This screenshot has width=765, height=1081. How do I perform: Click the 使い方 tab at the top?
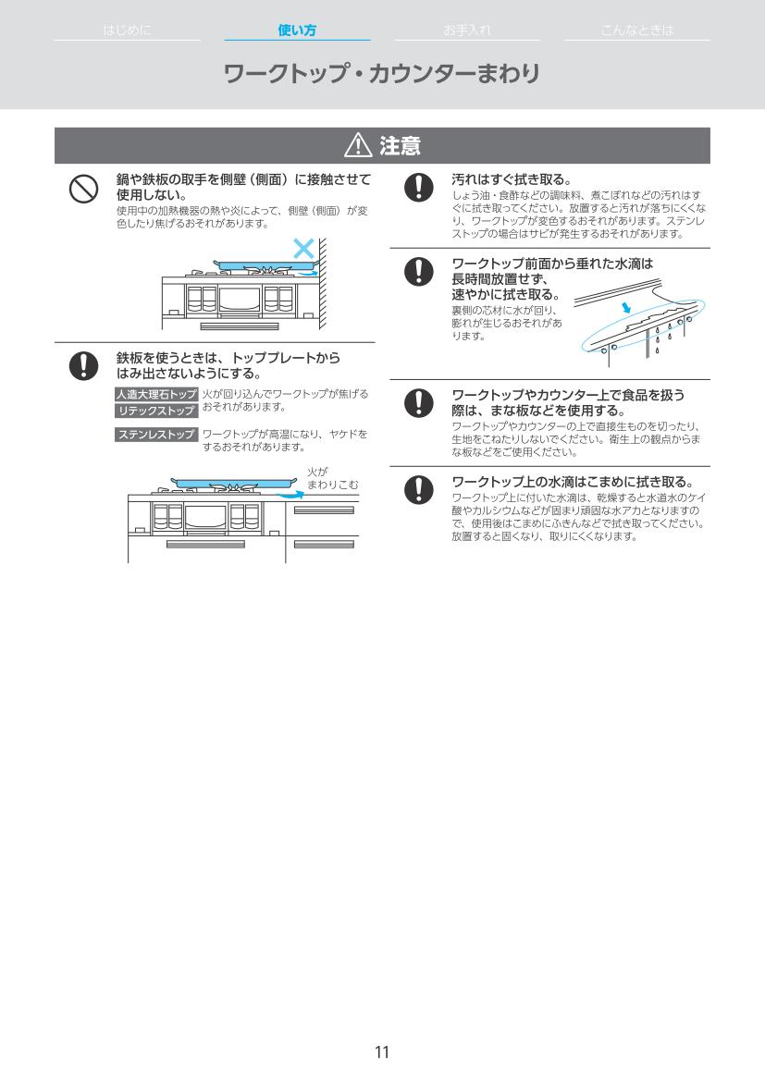pyautogui.click(x=297, y=30)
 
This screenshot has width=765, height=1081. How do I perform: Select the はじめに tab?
pyautogui.click(x=127, y=30)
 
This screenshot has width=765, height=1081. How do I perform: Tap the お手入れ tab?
pyautogui.click(x=467, y=30)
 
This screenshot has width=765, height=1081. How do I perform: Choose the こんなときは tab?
pyautogui.click(x=636, y=30)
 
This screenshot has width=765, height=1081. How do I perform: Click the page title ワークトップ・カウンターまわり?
pyautogui.click(x=381, y=74)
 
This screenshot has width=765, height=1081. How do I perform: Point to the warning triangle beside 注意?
pyautogui.click(x=358, y=145)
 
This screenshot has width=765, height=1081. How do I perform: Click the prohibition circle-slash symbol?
pyautogui.click(x=83, y=189)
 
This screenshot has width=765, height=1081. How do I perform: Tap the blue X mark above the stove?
pyautogui.click(x=303, y=248)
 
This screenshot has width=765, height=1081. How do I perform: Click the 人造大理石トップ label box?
pyautogui.click(x=156, y=394)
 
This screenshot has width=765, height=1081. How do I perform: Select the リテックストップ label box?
pyautogui.click(x=156, y=411)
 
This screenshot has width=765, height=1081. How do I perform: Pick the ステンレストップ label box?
pyautogui.click(x=156, y=435)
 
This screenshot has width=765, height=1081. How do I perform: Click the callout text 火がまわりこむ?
pyautogui.click(x=333, y=478)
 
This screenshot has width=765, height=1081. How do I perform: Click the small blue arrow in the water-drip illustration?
pyautogui.click(x=625, y=308)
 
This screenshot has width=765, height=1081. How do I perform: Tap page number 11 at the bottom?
pyautogui.click(x=382, y=1052)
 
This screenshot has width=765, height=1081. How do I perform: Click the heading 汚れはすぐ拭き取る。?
pyautogui.click(x=512, y=179)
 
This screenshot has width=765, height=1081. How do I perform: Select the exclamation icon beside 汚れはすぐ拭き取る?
pyautogui.click(x=419, y=187)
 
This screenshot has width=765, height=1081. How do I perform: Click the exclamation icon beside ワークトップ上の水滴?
pyautogui.click(x=419, y=489)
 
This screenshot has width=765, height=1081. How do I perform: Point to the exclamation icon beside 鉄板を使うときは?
pyautogui.click(x=83, y=365)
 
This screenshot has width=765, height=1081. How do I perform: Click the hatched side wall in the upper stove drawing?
pyautogui.click(x=322, y=284)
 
